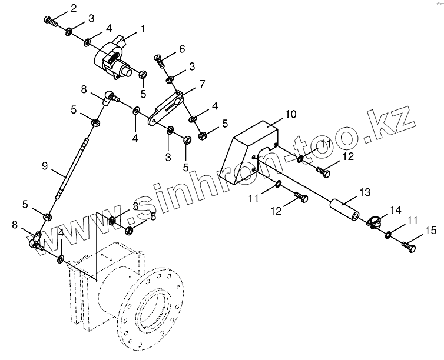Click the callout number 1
coord(142,28)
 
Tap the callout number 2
coord(73,8)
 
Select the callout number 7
coord(201,84)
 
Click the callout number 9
coord(45,166)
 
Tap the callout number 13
coord(365,192)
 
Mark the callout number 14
coord(394,209)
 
